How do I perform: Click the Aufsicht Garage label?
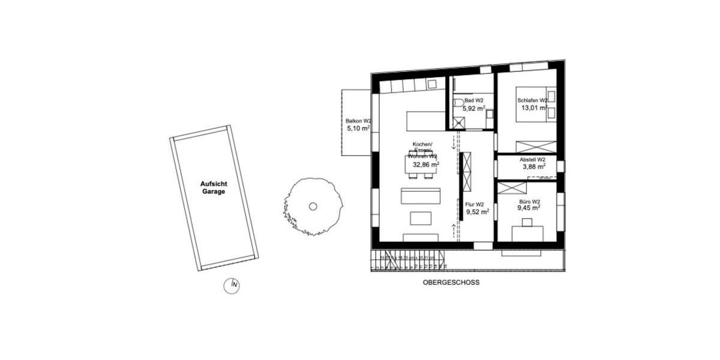213,188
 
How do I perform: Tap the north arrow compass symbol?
232,286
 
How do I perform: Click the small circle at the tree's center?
313,206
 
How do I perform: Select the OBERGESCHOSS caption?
451,282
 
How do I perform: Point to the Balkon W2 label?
358,120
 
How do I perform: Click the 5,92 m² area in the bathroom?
473,109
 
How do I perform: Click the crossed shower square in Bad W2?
460,122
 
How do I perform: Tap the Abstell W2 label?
532,160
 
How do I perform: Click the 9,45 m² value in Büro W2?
529,209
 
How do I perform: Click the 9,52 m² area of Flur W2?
478,212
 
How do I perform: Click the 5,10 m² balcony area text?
358,128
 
